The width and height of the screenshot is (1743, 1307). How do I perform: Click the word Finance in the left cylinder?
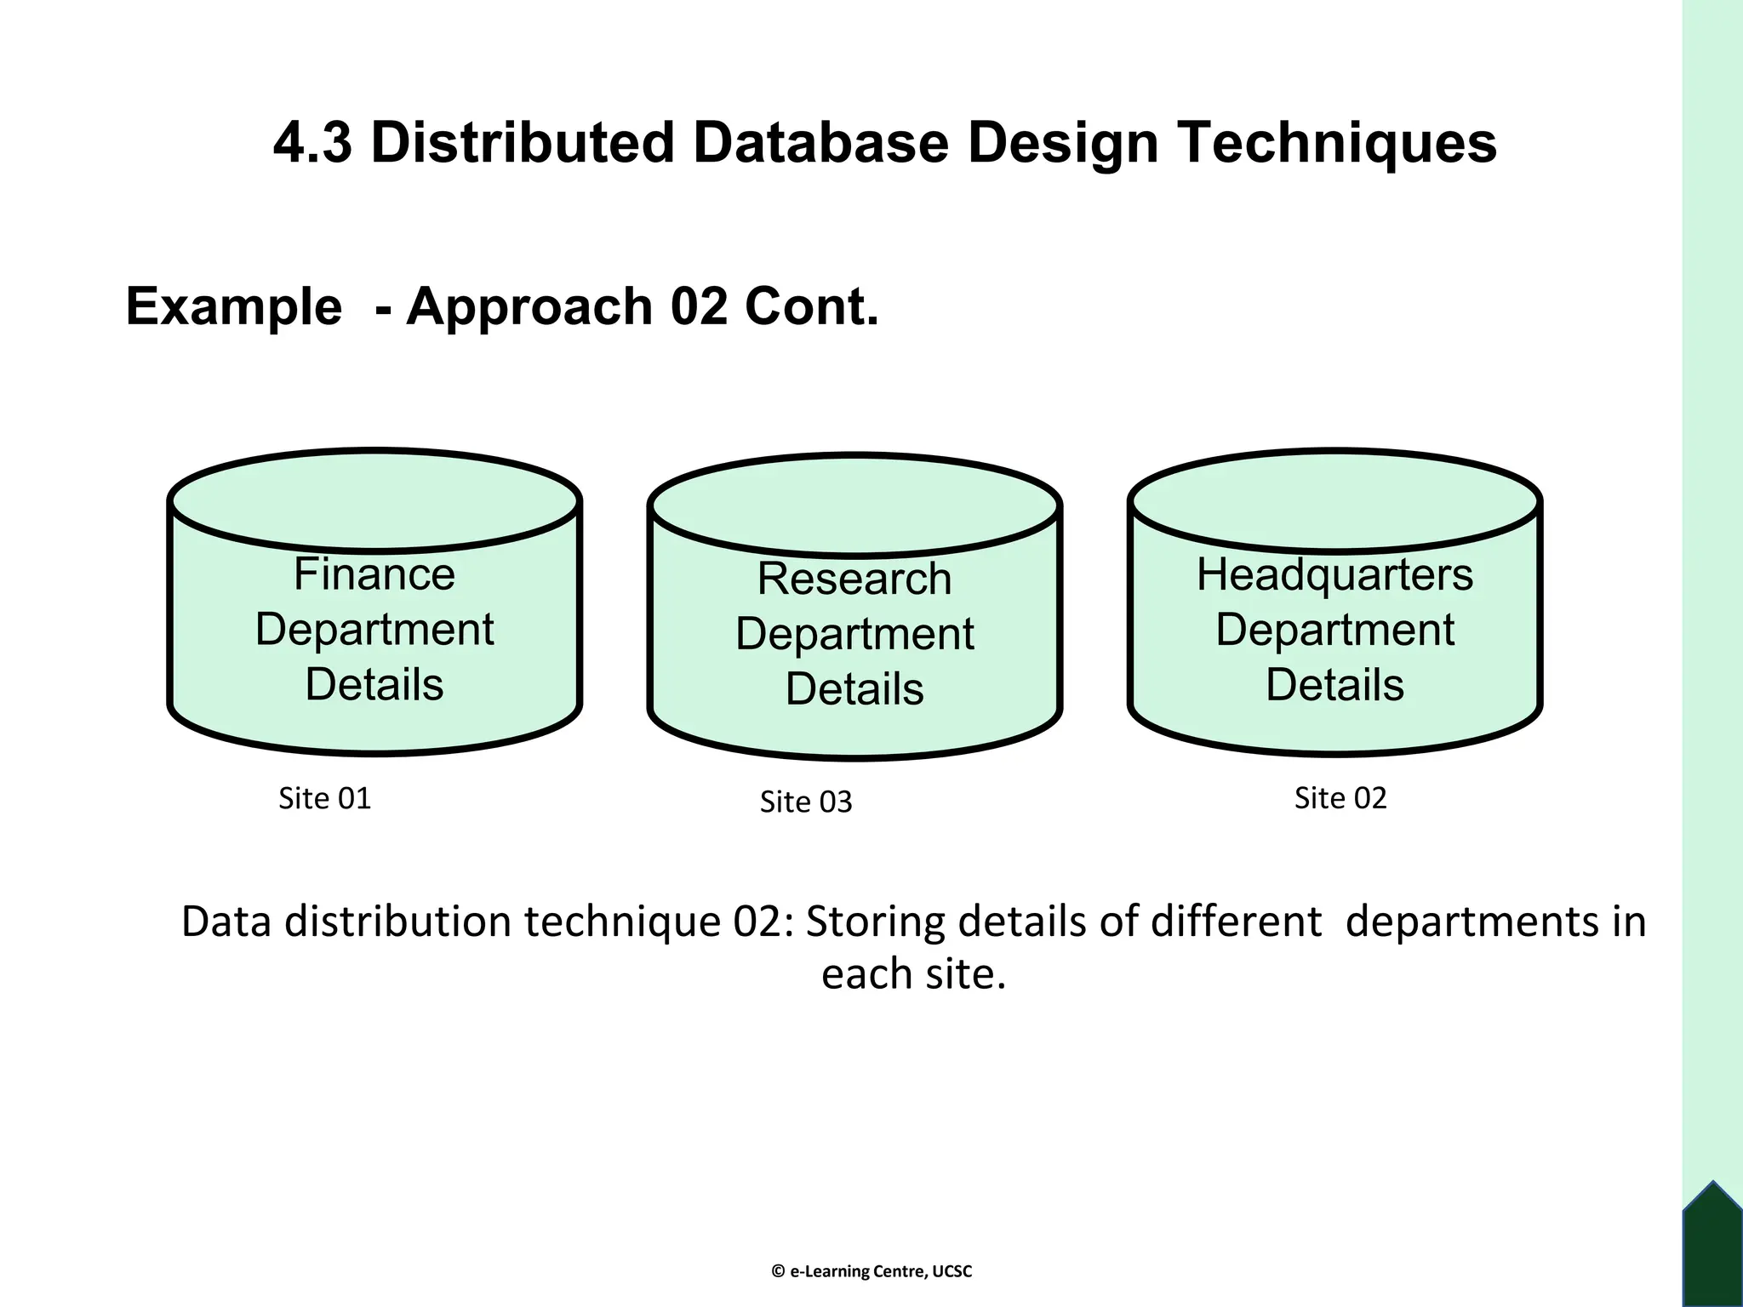pyautogui.click(x=374, y=574)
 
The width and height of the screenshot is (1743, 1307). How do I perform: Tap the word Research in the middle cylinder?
pyautogui.click(x=854, y=579)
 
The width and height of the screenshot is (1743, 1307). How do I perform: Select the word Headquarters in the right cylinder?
pyautogui.click(x=1334, y=574)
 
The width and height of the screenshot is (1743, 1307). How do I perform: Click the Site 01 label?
pyautogui.click(x=325, y=798)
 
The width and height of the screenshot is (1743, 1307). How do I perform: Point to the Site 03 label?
pyautogui.click(x=805, y=802)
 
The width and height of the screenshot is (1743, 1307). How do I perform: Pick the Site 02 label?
pyautogui.click(x=1340, y=798)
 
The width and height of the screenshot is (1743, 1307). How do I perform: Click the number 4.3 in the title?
pyautogui.click(x=312, y=142)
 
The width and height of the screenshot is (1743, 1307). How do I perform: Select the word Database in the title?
pyautogui.click(x=821, y=142)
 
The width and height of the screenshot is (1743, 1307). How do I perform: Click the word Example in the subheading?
pyautogui.click(x=233, y=306)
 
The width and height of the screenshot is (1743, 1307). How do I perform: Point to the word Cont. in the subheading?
pyautogui.click(x=811, y=306)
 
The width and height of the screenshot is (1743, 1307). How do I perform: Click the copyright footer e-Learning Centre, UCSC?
pyautogui.click(x=871, y=1271)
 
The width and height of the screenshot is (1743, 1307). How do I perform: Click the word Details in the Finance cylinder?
pyautogui.click(x=374, y=684)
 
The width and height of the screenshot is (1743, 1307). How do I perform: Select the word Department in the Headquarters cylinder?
pyautogui.click(x=1334, y=630)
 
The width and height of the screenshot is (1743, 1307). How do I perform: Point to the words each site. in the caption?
pyautogui.click(x=913, y=973)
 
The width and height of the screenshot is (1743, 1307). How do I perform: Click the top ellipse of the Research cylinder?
pyautogui.click(x=854, y=505)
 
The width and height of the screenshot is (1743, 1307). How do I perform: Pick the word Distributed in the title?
pyautogui.click(x=523, y=142)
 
